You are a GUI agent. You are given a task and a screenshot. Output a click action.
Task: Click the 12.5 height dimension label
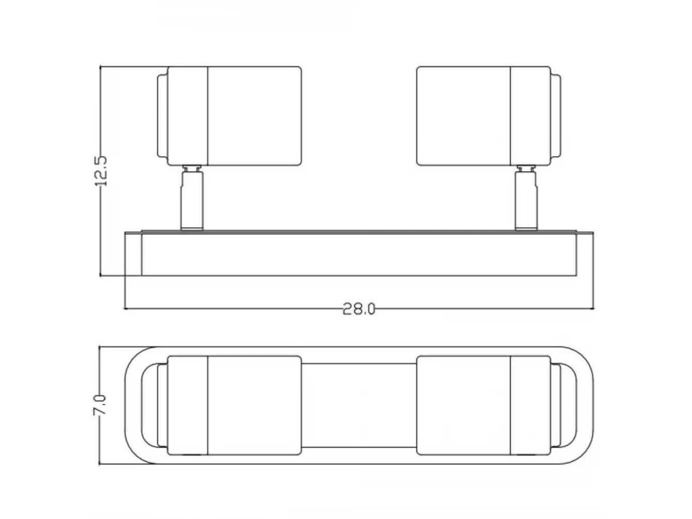(x=101, y=171)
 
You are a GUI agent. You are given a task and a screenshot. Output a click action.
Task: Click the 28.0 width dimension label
(x=359, y=309)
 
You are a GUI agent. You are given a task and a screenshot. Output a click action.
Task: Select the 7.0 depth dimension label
(x=100, y=405)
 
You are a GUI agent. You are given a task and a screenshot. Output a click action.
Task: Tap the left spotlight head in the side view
(x=230, y=116)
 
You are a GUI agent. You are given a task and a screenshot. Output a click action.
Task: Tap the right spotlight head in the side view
(x=488, y=116)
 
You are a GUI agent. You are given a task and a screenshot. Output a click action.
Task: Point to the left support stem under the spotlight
(x=191, y=201)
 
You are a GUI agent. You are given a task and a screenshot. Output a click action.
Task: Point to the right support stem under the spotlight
(x=526, y=201)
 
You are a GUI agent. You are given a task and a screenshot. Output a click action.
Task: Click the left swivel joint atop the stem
(x=192, y=168)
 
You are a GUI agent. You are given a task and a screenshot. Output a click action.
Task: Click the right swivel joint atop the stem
(x=526, y=168)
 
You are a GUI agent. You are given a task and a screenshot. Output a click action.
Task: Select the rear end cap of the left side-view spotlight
(x=162, y=116)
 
